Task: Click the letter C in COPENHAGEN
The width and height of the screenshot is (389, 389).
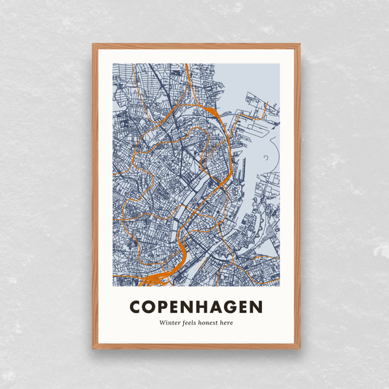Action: [x=134, y=305]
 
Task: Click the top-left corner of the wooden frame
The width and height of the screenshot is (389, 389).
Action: [x=93, y=45]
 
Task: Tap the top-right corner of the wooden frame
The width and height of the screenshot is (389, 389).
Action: [x=299, y=45]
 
